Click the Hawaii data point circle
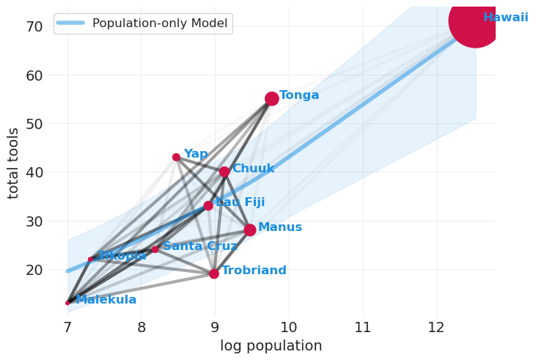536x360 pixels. pos(474,21)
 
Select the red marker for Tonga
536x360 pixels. pos(271,98)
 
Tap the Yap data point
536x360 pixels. pos(176,157)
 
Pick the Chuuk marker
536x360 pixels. pos(224,172)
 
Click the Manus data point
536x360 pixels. pos(250,229)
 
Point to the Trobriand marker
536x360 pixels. pos(214,273)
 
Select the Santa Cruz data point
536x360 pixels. pos(155,249)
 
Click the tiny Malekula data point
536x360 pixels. pos(67,302)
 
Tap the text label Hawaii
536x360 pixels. pos(505,18)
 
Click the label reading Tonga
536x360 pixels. pos(299,95)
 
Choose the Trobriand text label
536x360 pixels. pos(254,271)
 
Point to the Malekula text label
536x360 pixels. pos(106,300)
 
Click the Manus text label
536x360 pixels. pos(279,227)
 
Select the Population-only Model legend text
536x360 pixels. pos(160,23)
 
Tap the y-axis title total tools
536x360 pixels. pos(14,163)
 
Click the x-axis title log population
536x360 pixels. pos(271,346)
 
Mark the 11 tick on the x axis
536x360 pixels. pos(363,327)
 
